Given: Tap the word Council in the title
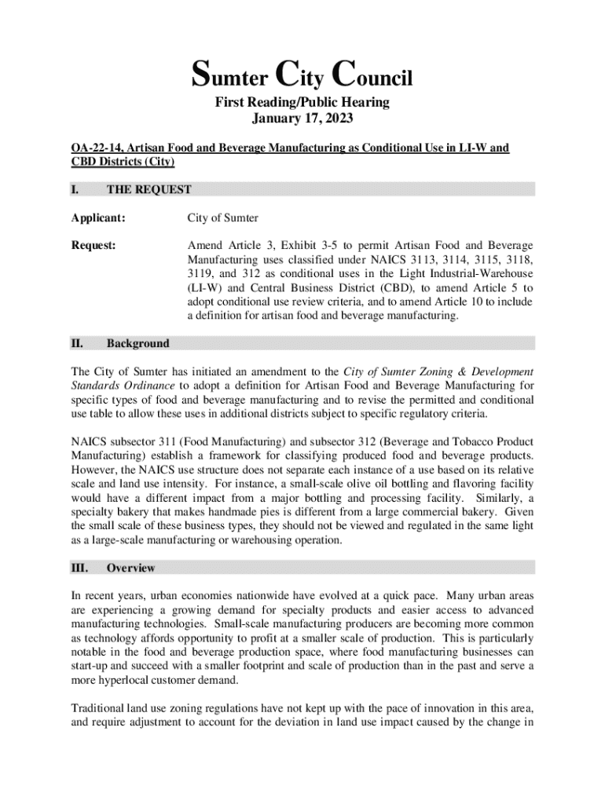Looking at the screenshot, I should click(372, 78).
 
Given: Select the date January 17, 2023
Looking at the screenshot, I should click(302, 119).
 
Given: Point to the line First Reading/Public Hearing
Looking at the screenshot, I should click(302, 103).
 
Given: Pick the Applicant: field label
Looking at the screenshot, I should click(98, 217).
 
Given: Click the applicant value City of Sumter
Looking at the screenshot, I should click(222, 217).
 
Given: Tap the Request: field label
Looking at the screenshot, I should click(93, 245).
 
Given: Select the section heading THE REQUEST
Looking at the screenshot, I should click(148, 189).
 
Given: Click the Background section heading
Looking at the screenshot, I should click(137, 343).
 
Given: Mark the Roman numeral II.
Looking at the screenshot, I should click(77, 343).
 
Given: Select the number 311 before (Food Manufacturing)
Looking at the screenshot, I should click(170, 442).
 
